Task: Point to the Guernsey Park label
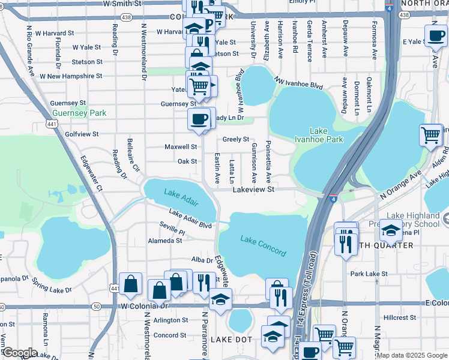tap(79, 113)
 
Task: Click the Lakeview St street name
tap(253, 189)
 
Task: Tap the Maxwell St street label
tap(181, 146)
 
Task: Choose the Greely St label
tap(236, 139)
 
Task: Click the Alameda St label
tap(164, 241)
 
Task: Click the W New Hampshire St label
tap(71, 77)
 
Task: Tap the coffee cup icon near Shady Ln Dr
tap(199, 118)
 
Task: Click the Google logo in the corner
tap(20, 353)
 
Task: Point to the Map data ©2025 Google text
tap(412, 355)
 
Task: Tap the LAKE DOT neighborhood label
tap(229, 340)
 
